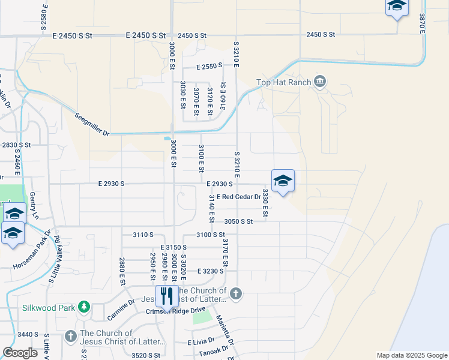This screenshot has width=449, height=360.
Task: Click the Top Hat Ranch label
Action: coord(283,82)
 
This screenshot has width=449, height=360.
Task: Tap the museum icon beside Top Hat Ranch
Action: coord(320,82)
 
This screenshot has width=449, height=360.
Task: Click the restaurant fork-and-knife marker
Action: coord(166,296)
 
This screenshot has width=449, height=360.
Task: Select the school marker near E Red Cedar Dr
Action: coord(283,181)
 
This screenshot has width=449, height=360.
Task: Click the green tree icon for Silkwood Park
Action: coord(84,307)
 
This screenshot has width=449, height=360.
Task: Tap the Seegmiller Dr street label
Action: coord(94,124)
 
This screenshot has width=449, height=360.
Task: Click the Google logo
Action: coord(20,353)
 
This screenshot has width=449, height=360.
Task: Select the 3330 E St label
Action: coord(265,203)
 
